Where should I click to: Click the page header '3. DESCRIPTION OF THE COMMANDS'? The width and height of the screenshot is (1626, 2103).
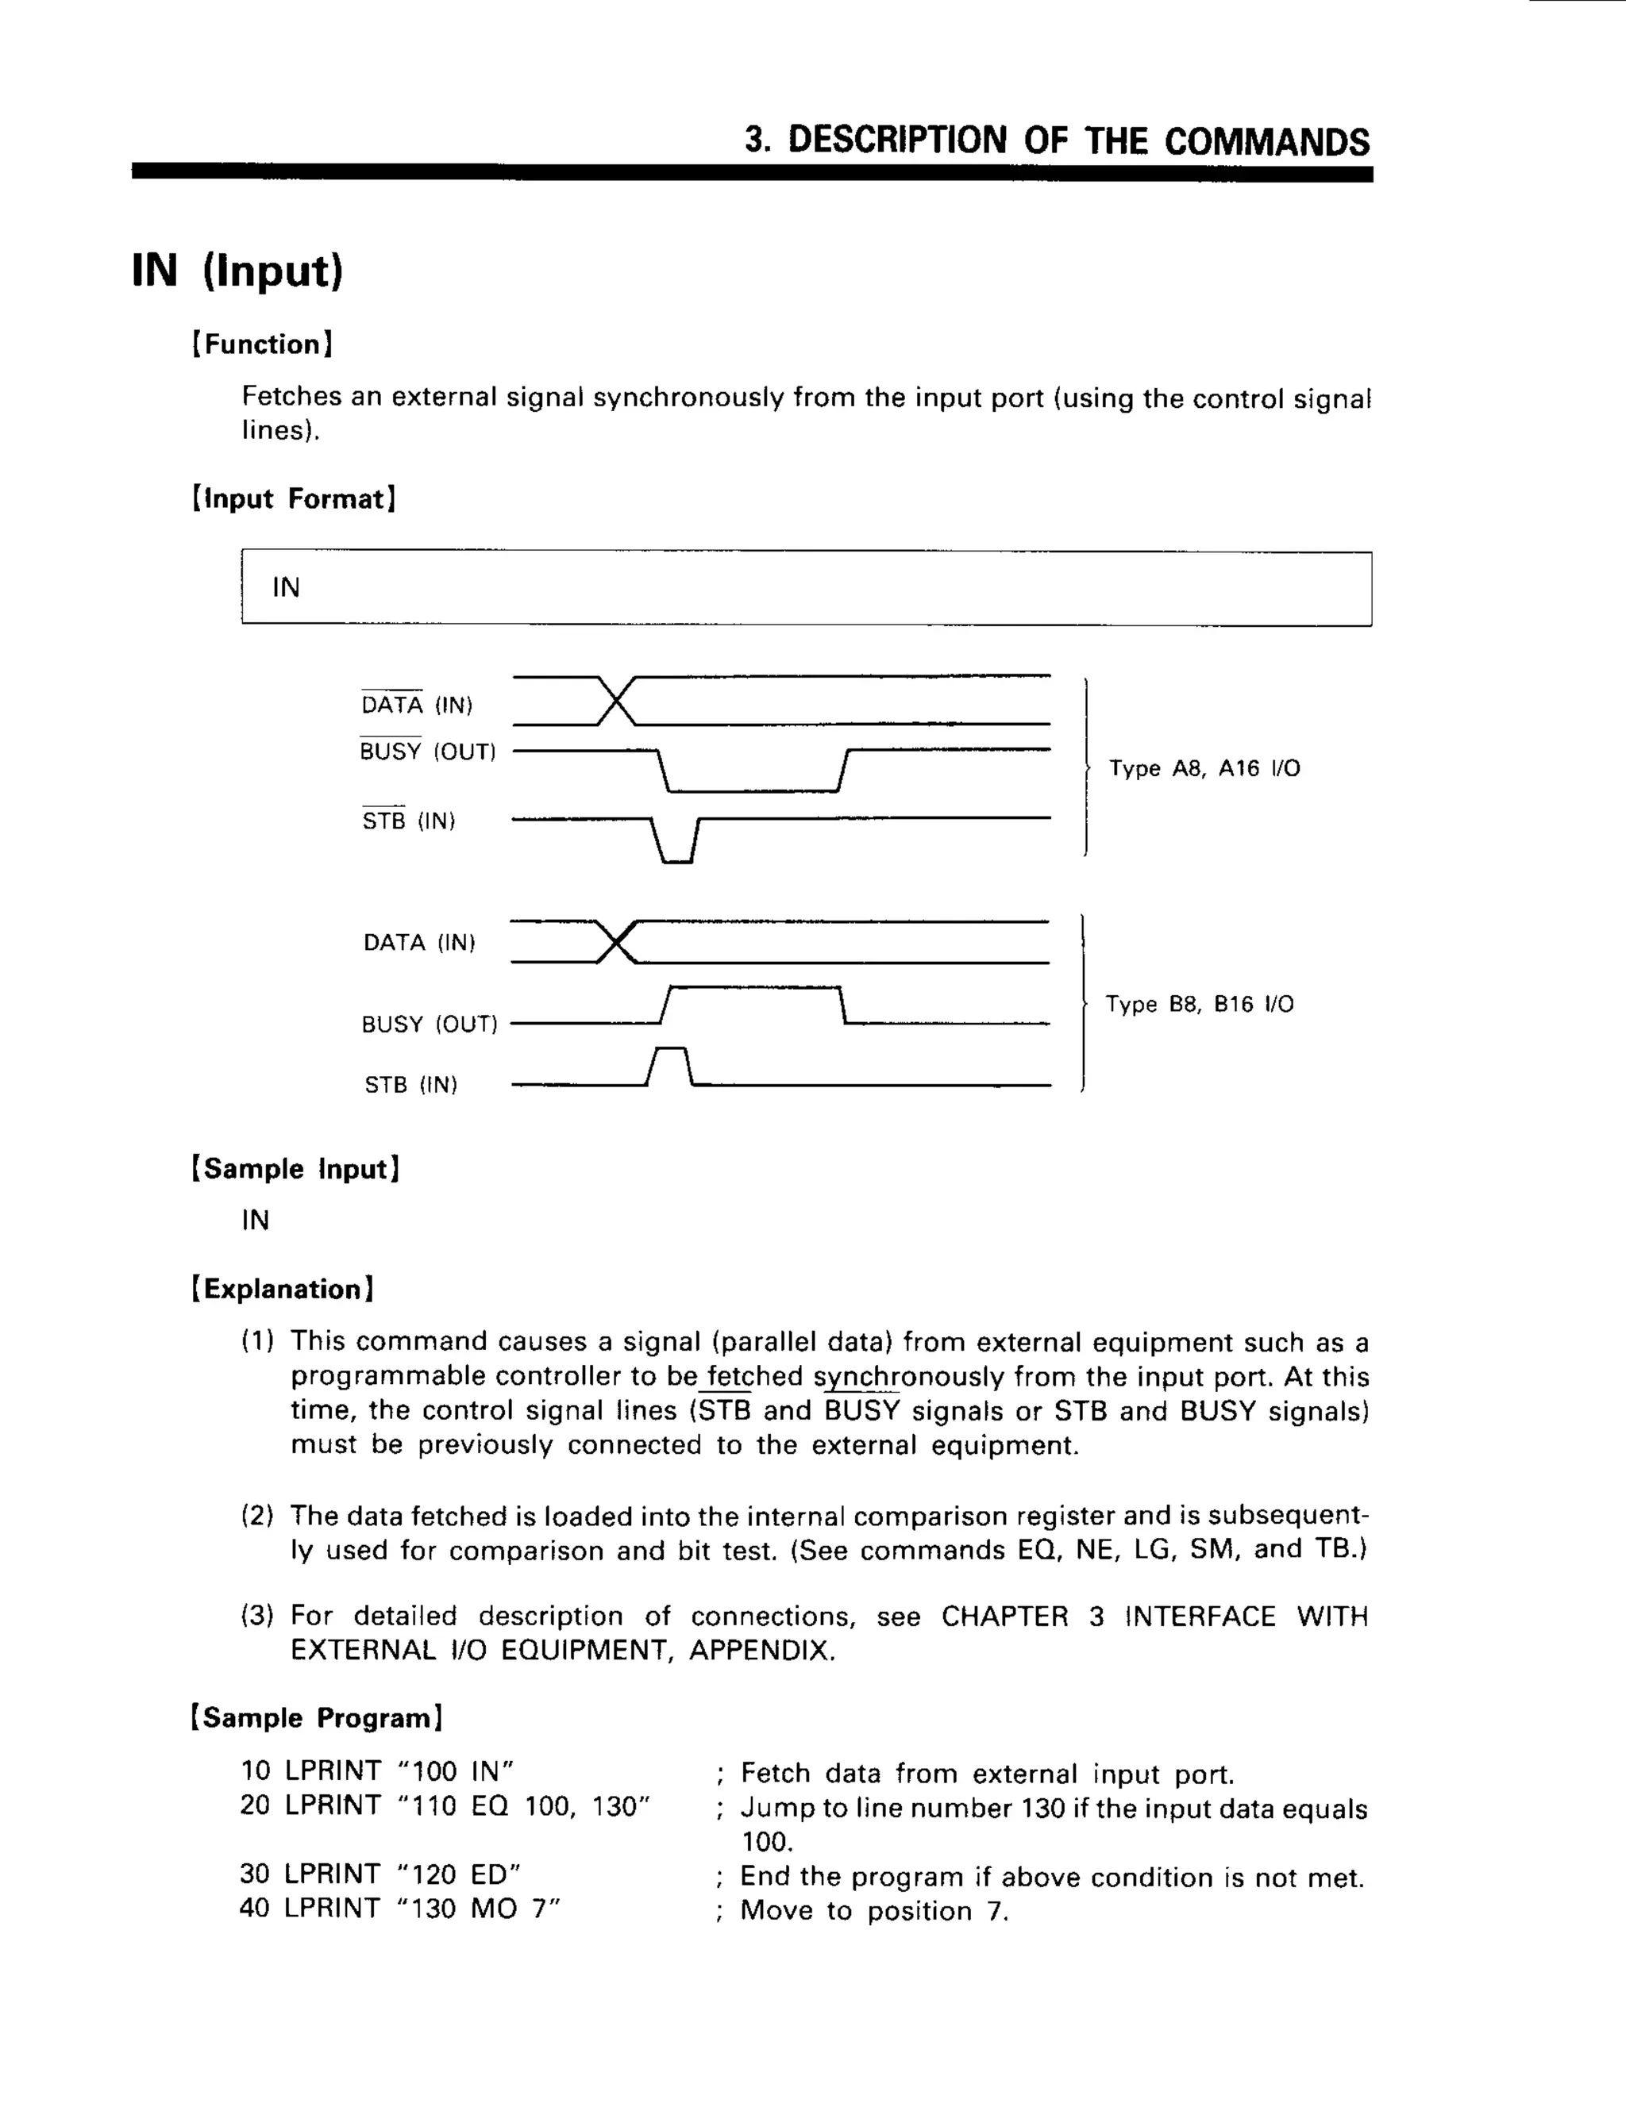[1056, 140]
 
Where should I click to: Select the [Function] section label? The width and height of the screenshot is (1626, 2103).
[262, 344]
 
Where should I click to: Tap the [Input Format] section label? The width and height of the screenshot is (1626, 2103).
[294, 499]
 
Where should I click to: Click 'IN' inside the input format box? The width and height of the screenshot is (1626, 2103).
[286, 587]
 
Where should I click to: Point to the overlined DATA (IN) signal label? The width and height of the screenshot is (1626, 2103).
[416, 705]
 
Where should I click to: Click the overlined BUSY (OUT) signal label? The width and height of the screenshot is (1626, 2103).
[426, 751]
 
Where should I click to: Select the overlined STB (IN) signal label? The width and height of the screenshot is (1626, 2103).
[407, 821]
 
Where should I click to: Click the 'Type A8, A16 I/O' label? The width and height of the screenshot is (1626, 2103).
[1204, 768]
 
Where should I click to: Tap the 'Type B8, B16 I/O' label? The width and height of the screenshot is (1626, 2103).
[1200, 1005]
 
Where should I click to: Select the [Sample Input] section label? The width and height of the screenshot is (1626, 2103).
[295, 1169]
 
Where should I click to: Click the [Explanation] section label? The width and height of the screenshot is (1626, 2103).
[282, 1288]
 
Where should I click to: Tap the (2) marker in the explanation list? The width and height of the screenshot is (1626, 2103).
[257, 1516]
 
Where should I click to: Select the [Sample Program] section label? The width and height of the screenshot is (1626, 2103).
[317, 1718]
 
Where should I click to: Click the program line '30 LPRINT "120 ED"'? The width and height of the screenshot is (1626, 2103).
[380, 1874]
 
